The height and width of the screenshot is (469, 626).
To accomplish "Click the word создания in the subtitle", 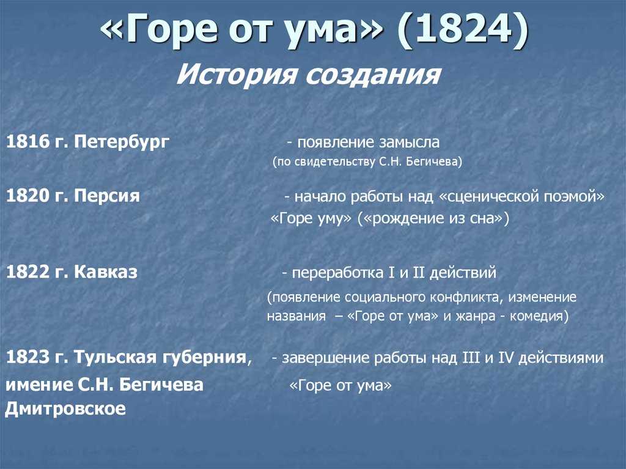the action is click(373, 75).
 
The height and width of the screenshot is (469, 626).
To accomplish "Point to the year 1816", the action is click(27, 142).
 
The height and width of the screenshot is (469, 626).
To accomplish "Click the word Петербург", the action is click(122, 142).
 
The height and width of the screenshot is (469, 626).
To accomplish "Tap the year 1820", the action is click(27, 196).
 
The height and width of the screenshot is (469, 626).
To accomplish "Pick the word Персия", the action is click(106, 196).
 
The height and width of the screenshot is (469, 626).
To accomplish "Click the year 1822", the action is click(27, 272).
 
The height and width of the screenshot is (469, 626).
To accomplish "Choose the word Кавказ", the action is click(105, 272).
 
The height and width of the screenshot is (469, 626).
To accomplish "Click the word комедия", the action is click(536, 316).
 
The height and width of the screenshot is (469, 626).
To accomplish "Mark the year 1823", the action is click(27, 356).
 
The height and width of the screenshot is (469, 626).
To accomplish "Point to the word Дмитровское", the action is click(65, 408).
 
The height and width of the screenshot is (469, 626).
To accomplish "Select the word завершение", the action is click(323, 358).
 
